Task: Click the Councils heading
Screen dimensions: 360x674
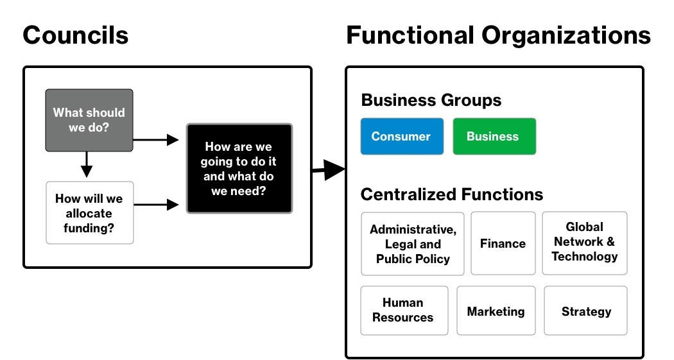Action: [76, 35]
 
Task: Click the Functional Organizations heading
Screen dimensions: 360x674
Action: [498, 35]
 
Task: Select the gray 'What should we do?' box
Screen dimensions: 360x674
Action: [89, 120]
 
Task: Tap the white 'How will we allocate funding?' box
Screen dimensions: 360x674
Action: [90, 213]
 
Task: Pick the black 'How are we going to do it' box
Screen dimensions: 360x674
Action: [239, 169]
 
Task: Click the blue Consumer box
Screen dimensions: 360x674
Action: [401, 136]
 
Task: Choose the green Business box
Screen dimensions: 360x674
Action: [494, 136]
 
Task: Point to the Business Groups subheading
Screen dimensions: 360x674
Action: [431, 100]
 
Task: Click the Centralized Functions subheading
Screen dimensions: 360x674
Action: [451, 194]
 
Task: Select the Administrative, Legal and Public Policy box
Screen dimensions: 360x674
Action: [412, 244]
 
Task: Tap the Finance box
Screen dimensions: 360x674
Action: [503, 244]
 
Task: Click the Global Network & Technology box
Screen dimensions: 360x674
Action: [584, 243]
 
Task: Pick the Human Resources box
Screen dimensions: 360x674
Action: [403, 311]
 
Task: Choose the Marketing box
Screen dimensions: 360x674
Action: [496, 311]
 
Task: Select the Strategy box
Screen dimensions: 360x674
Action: [585, 311]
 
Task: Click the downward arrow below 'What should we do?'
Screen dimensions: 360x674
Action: [87, 166]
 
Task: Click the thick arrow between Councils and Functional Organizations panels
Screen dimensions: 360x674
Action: [329, 170]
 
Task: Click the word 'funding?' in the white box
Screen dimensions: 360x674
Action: [89, 228]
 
